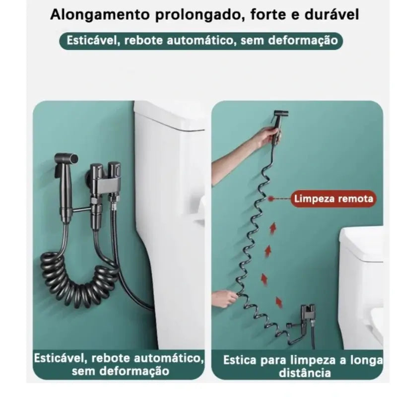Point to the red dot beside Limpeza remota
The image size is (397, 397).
[x=271, y=199]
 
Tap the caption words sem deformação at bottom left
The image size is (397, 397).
[x=120, y=371]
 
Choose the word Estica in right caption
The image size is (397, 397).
[x=240, y=360]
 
